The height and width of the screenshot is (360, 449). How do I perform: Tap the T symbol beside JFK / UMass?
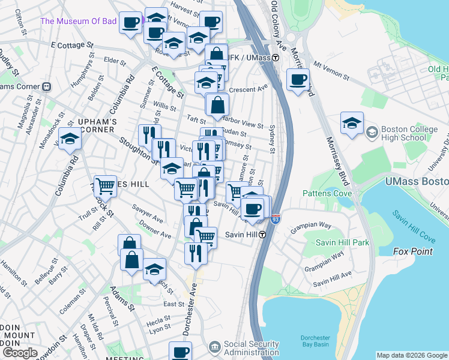[276, 58]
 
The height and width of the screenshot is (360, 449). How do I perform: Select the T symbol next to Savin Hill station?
[262, 235]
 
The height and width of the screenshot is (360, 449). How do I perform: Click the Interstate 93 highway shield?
[276, 220]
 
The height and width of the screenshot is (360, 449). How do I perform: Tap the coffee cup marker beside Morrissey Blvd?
[298, 80]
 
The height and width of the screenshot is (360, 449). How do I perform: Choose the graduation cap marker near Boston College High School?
[351, 124]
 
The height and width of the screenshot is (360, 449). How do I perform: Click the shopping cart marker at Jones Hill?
[105, 187]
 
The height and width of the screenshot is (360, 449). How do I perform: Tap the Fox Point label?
[412, 251]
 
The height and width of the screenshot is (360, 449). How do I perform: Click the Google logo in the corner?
[19, 353]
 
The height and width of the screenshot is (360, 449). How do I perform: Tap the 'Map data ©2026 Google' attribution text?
[412, 355]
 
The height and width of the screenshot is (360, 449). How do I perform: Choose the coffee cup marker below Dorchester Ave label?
[179, 352]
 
